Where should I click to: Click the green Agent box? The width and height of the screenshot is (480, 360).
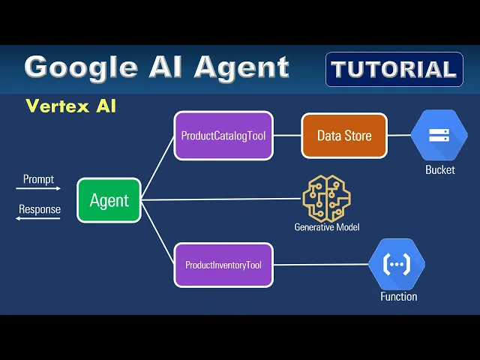[x=109, y=200]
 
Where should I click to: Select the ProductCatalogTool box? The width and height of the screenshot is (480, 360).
[x=223, y=136]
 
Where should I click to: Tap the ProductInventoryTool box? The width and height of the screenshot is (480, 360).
[x=223, y=265]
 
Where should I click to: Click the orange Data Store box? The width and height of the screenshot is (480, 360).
[x=344, y=136]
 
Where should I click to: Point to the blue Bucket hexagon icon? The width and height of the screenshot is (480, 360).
[x=439, y=136]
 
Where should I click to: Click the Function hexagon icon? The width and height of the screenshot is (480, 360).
[x=397, y=264]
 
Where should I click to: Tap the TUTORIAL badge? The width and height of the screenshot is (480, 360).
[x=394, y=70]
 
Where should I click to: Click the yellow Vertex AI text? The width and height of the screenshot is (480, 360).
[x=70, y=106]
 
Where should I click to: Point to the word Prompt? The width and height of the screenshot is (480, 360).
[x=38, y=178]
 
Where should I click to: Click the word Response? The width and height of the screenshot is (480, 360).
[x=40, y=209]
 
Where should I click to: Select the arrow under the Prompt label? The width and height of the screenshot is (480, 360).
[x=38, y=189]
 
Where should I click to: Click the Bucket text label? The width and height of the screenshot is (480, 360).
[x=439, y=170]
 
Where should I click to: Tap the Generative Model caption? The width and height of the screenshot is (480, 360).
[x=325, y=226]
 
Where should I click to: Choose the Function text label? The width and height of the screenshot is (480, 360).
[x=398, y=296]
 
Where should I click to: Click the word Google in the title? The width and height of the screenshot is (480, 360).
[x=83, y=67]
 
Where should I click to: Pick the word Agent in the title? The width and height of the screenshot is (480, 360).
[x=241, y=67]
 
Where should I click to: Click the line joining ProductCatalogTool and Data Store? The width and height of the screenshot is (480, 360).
[x=287, y=136]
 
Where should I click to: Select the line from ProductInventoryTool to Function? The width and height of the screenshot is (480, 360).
[x=321, y=265]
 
